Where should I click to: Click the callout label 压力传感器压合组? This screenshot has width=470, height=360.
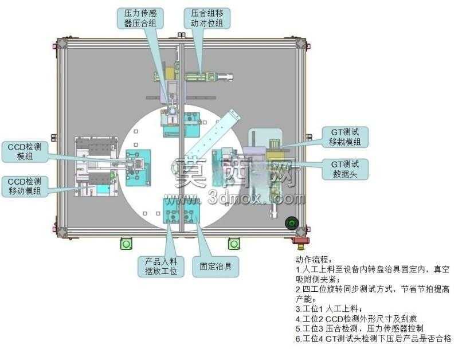coord(140,18)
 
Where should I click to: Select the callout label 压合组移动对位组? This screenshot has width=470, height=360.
coord(207,18)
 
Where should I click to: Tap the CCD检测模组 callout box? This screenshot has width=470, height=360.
coord(25,152)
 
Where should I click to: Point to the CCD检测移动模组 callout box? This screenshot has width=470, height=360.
coord(25,186)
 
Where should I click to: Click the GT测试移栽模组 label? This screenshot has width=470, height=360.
coord(345,137)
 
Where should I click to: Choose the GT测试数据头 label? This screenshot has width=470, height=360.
coord(345,169)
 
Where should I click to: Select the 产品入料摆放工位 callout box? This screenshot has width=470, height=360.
coord(161,266)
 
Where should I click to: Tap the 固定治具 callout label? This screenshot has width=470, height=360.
coord(216,266)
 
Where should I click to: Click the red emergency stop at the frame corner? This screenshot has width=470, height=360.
coord(301,241)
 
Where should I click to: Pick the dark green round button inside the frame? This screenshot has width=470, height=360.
coord(292,223)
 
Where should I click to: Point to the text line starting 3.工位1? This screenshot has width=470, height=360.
coord(329,309)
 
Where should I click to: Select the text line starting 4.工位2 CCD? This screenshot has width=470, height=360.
coord(356,319)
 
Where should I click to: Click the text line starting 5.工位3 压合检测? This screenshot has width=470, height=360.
coord(359,328)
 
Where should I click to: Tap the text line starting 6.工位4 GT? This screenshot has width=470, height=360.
coord(374,339)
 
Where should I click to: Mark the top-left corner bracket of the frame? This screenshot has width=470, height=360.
coord(62,43)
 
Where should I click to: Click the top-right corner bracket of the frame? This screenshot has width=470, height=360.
coord(301,43)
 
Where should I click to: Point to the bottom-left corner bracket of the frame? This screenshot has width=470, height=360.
coord(62,232)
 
